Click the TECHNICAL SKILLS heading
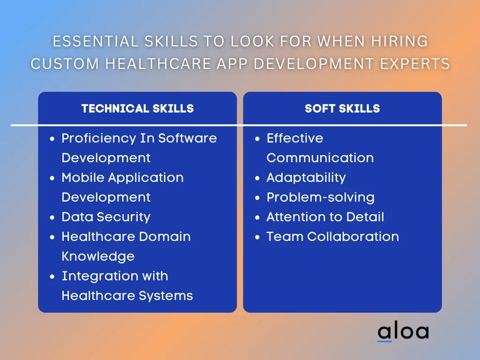point(137,108)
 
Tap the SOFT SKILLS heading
point(342,108)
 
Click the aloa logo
point(403,331)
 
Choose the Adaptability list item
point(306,178)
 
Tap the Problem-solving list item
point(321,197)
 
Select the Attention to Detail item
point(325,217)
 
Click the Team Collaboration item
point(333,237)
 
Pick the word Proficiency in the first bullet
point(99,139)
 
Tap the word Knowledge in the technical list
point(98,256)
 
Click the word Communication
point(320,158)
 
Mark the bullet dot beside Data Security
point(52,217)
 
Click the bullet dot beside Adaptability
point(257,178)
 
